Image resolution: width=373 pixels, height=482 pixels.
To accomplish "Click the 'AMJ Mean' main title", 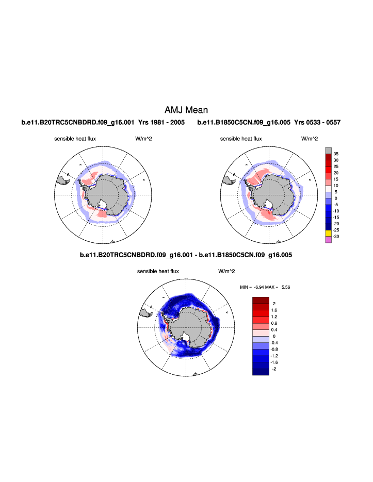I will [x=186, y=110].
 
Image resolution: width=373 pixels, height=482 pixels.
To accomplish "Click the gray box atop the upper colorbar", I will [x=329, y=149].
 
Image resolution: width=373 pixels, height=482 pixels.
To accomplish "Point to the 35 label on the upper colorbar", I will [x=336, y=154].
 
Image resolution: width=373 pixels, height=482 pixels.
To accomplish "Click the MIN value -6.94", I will [x=259, y=287].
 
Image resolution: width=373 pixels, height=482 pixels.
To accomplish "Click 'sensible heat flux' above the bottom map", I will [x=158, y=271].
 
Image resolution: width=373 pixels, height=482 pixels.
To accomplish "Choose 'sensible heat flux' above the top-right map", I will [x=241, y=139].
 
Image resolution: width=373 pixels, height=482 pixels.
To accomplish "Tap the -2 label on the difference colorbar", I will [x=274, y=369].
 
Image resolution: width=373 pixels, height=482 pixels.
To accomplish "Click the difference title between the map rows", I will [x=187, y=255].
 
